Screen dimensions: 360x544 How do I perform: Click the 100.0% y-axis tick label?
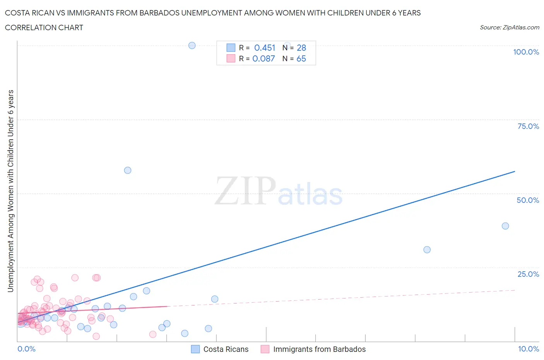click(x=526, y=52)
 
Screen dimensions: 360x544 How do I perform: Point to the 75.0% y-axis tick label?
click(x=528, y=126)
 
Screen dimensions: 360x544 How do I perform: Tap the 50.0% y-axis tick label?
click(x=528, y=200)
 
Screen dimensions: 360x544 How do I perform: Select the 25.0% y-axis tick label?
click(x=528, y=274)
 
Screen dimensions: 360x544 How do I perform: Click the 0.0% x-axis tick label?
click(x=26, y=349)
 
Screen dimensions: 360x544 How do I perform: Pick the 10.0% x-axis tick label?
click(x=529, y=349)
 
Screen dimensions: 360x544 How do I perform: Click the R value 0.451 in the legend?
click(x=265, y=48)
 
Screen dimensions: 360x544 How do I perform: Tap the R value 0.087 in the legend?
click(x=263, y=58)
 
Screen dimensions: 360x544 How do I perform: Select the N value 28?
click(x=301, y=48)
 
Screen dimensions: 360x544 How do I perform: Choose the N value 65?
click(x=301, y=58)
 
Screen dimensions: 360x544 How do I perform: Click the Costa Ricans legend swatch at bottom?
click(x=196, y=349)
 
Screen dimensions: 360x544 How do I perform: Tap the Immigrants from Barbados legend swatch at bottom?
click(x=265, y=349)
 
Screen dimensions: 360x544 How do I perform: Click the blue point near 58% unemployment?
click(x=128, y=170)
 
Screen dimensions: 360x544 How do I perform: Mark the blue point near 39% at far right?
click(x=505, y=226)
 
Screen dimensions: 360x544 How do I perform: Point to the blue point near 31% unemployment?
click(x=427, y=250)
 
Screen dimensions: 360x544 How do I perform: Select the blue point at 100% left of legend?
click(x=192, y=45)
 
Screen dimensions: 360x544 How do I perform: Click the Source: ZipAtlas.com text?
click(x=509, y=27)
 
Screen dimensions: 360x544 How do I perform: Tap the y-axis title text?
click(x=10, y=191)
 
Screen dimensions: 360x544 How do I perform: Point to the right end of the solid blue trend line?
click(x=515, y=171)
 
